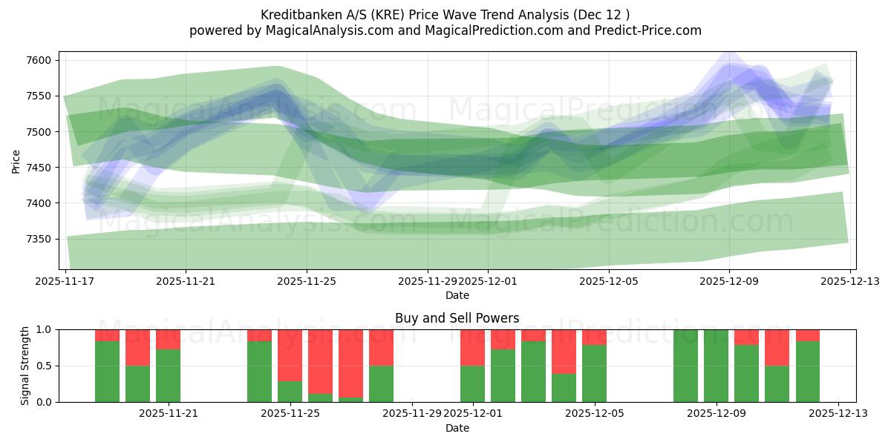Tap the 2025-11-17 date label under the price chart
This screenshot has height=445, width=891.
[x=66, y=282]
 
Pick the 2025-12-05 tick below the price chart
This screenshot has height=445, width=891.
[x=609, y=282]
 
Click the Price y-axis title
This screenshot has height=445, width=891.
[x=16, y=160]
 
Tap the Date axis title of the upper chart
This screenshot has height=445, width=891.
[x=457, y=295]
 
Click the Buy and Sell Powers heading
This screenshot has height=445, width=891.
[x=457, y=318]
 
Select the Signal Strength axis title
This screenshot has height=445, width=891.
[x=25, y=366]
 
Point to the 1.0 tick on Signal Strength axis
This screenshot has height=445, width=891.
[x=45, y=329]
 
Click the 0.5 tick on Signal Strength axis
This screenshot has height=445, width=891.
[x=45, y=366]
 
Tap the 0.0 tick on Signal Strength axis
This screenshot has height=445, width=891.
[x=45, y=402]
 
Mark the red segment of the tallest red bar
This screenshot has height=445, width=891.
[x=351, y=363]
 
